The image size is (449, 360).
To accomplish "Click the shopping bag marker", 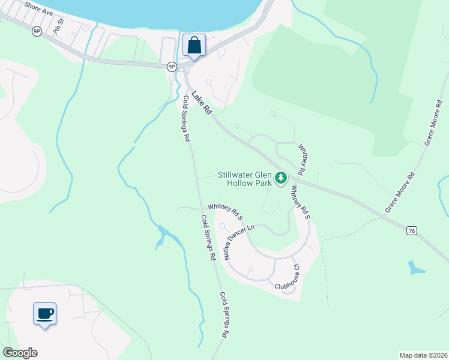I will pos(194,45).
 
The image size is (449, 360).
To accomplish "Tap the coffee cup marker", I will pos(44,313).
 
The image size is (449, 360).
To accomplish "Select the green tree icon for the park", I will pos(280,178).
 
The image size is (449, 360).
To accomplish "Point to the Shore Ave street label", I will pos(38,9).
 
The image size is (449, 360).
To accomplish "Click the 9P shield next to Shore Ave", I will pos(37,31).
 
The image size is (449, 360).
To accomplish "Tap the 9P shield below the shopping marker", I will pos(172,67).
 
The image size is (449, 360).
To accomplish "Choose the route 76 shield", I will pos(411,230).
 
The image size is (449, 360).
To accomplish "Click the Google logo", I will pos(20,353).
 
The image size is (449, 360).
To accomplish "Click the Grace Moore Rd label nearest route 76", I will pos(400,194).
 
